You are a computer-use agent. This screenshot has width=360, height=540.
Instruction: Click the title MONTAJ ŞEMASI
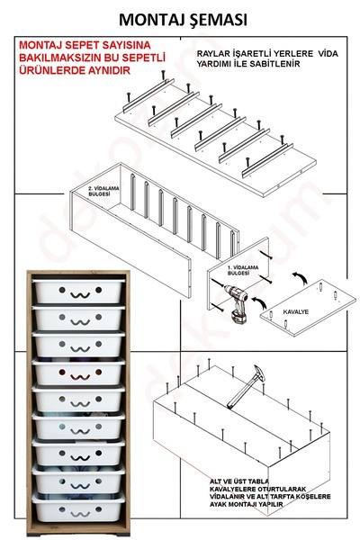pos(183,20)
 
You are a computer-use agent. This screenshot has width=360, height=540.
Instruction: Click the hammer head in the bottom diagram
pos(260,372)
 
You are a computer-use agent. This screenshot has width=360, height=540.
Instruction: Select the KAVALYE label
pos(296,312)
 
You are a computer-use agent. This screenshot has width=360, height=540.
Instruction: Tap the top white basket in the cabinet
pos(78,291)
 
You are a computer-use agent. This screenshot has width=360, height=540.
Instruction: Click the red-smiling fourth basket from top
pos(78,372)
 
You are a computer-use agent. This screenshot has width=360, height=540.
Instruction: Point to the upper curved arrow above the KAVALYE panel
pos(300,277)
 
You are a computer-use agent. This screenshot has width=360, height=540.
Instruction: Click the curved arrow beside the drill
pos(259,302)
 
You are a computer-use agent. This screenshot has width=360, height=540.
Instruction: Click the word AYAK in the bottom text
pos(219,504)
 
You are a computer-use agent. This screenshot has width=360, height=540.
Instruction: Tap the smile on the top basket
pos(80,295)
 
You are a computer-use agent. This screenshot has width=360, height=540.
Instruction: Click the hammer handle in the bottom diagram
pos(243,391)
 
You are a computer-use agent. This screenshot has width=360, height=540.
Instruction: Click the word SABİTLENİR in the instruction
pos(279,64)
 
